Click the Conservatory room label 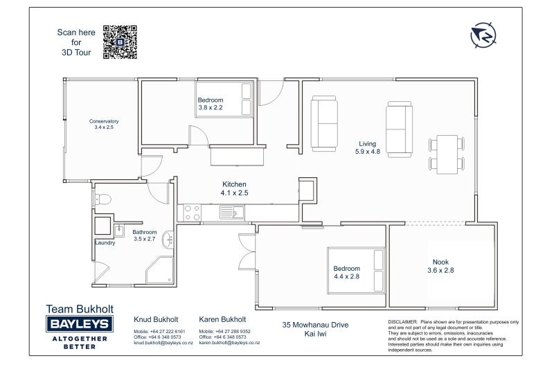(x=104, y=121)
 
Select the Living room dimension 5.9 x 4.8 (x=368, y=151)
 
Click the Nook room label (x=441, y=262)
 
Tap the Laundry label (x=105, y=242)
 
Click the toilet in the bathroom (x=102, y=199)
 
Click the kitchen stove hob (x=191, y=212)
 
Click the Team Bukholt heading (x=80, y=309)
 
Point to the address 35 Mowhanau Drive (x=315, y=324)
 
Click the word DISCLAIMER (x=403, y=322)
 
